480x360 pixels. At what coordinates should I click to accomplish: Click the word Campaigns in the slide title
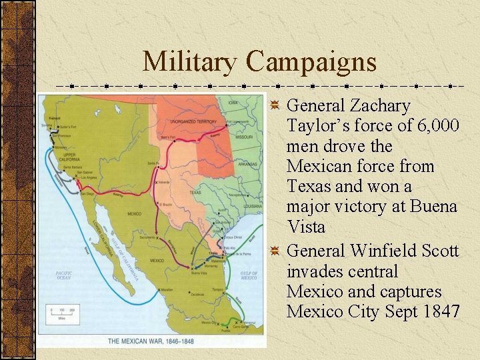click(311, 62)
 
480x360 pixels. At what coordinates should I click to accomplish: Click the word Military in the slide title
click(189, 62)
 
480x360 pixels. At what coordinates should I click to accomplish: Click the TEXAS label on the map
click(195, 192)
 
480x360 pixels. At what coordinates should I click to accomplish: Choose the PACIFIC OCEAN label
click(64, 275)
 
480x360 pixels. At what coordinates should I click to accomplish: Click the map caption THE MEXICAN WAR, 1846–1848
click(151, 341)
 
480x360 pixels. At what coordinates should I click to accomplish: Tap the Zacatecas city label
click(197, 293)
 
